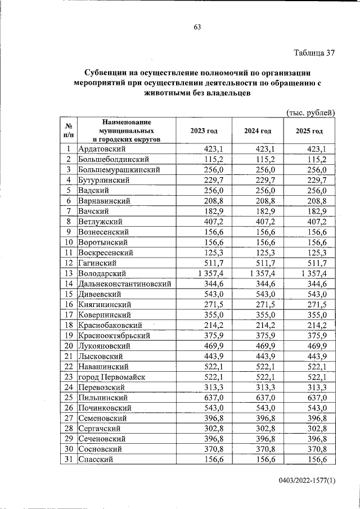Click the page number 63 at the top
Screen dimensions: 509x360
click(197, 27)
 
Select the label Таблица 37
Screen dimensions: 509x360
click(314, 53)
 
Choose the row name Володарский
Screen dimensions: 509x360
click(101, 273)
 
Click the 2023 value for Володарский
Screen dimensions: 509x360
click(211, 273)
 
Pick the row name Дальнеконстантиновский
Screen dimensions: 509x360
click(125, 283)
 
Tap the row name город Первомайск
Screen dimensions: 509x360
click(111, 376)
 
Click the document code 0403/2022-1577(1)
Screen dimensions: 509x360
click(306, 481)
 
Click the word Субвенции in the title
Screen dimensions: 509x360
click(107, 73)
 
